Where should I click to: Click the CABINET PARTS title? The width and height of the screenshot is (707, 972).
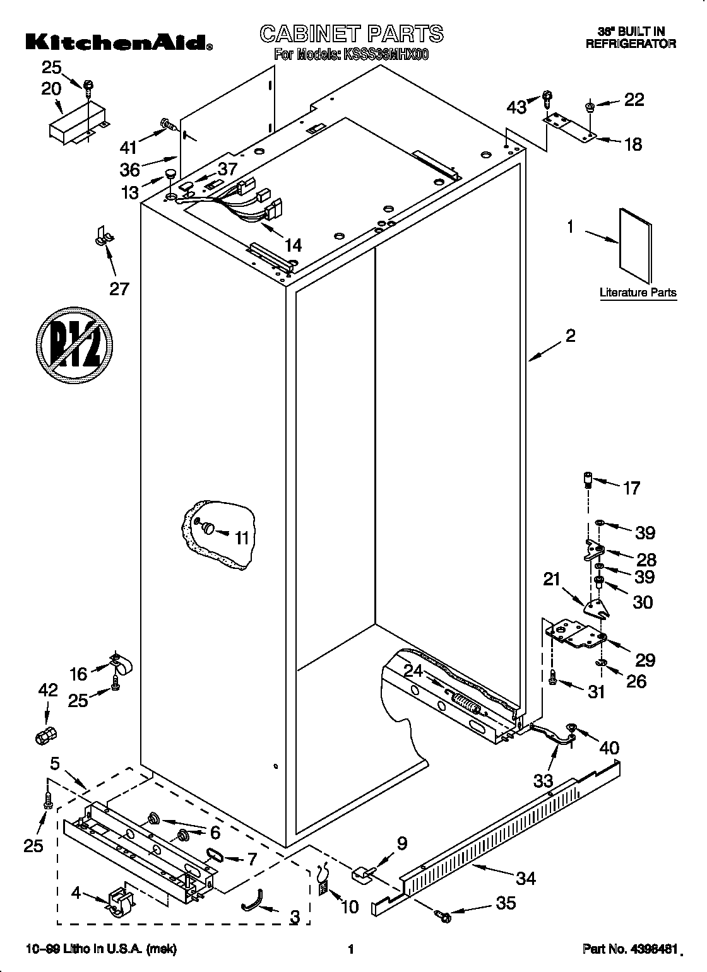point(352,33)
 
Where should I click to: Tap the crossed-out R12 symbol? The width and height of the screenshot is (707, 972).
point(74,344)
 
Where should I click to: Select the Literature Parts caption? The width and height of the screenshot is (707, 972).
point(638,293)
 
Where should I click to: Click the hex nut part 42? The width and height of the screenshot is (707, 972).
point(45,735)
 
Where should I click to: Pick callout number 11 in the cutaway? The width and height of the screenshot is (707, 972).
point(242,538)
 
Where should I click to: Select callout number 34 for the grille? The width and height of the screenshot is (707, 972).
point(525,877)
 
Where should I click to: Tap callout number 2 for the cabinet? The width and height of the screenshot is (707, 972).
point(570,336)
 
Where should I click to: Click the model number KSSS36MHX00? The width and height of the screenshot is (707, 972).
point(386,55)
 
